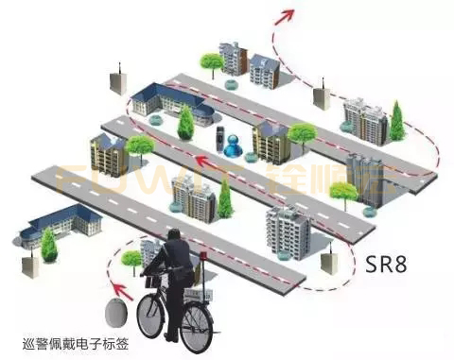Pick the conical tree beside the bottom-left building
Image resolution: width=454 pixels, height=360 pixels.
[47, 245]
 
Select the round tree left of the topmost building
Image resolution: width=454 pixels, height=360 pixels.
[211, 62]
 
